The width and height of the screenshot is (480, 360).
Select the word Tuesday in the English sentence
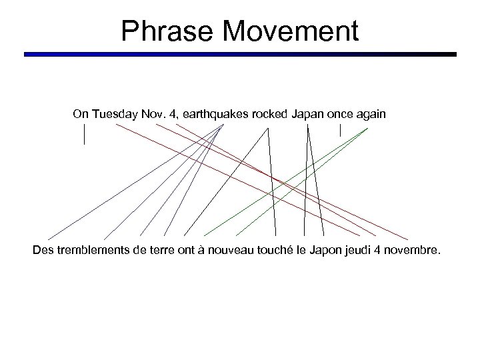coord(114,115)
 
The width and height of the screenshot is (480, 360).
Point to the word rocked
coord(269,115)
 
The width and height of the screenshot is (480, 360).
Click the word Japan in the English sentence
coord(307,115)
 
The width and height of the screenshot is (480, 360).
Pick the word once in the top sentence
coord(340,115)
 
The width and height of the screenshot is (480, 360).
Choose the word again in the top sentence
coord(371,115)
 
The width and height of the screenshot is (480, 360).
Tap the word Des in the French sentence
coord(43,251)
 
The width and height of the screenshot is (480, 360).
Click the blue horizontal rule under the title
coord(240,55)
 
